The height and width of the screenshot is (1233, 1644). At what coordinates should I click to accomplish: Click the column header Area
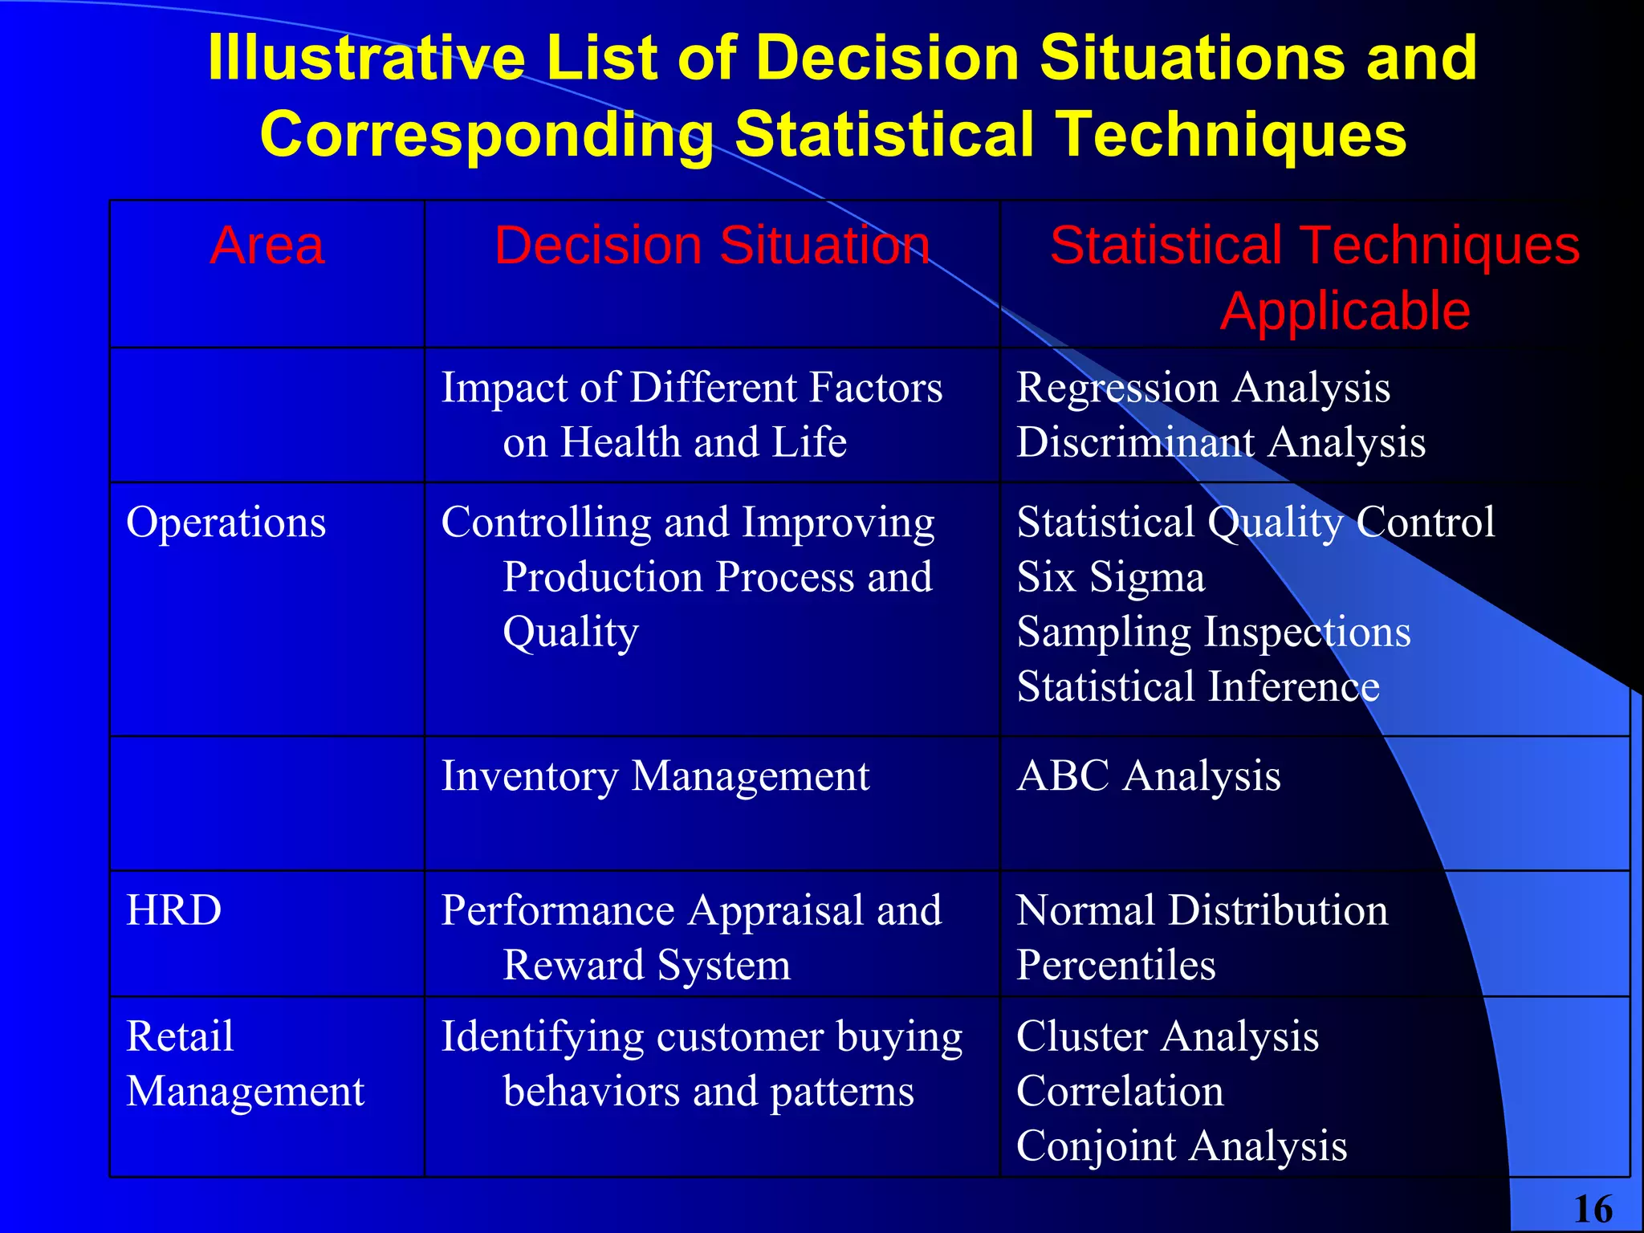[267, 245]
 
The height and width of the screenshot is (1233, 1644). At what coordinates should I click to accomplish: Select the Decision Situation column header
[711, 245]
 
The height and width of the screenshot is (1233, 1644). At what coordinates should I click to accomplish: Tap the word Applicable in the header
[1345, 311]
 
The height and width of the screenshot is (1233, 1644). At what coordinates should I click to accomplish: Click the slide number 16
[1593, 1209]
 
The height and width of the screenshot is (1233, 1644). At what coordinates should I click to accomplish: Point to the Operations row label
[226, 523]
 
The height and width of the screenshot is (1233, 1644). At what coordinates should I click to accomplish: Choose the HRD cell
[174, 910]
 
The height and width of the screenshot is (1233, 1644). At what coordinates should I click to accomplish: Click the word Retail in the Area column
[180, 1036]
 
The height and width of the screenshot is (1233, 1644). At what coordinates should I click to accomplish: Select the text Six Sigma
[1111, 577]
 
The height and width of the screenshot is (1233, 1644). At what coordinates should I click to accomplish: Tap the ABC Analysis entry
[1149, 776]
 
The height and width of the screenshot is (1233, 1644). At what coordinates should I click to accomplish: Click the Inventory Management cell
[655, 776]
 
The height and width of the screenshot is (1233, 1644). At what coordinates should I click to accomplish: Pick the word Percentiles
[1116, 965]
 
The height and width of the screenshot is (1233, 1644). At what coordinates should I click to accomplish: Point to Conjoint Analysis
[1182, 1146]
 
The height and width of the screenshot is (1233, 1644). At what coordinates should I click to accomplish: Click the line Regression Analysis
[1203, 388]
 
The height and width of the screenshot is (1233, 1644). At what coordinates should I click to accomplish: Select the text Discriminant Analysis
[1221, 442]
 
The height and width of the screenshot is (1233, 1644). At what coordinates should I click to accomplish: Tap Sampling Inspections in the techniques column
[1214, 632]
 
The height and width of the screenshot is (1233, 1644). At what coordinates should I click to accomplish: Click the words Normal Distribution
[1202, 910]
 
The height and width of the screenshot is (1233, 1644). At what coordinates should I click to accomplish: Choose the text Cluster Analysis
[1167, 1036]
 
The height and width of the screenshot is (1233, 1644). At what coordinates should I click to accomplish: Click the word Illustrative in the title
[366, 58]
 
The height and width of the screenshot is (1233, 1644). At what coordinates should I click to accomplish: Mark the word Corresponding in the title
[486, 134]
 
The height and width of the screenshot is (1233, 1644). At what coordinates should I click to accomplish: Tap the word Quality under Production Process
[571, 632]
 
